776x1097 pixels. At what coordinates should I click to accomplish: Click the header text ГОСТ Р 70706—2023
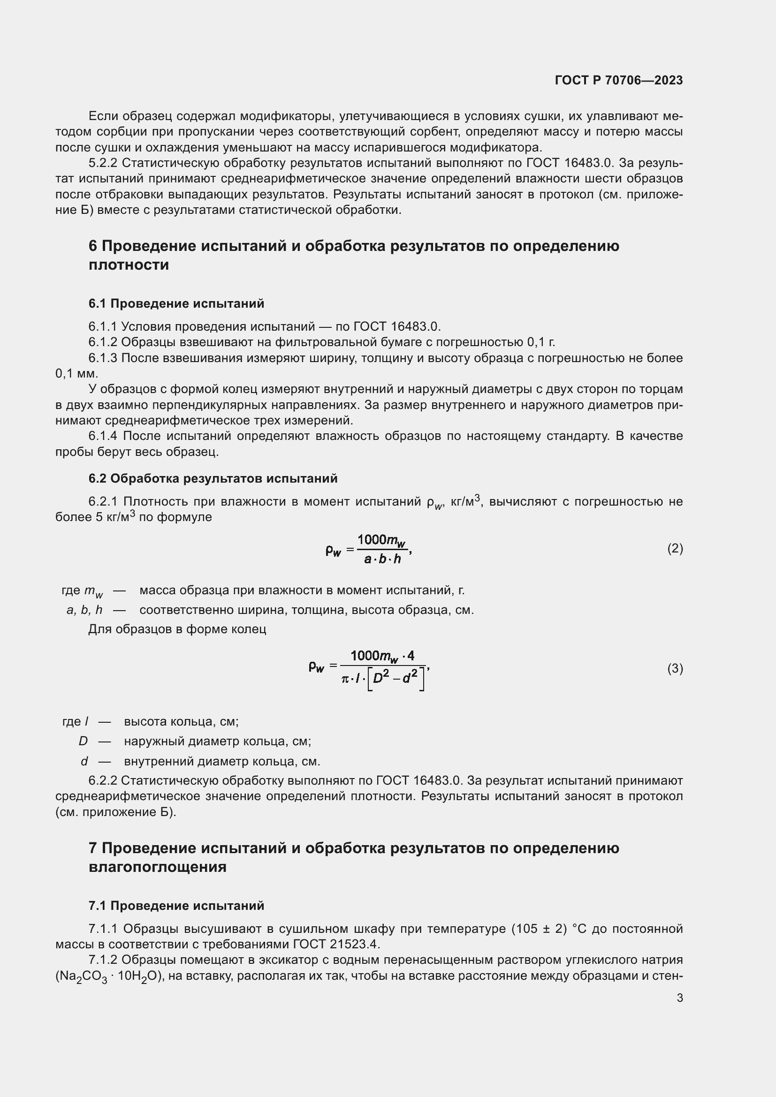coord(618,80)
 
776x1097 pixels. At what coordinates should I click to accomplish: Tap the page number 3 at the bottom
coord(679,998)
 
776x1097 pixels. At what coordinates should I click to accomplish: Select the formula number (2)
coord(675,549)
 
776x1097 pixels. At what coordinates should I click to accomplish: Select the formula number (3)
coord(675,668)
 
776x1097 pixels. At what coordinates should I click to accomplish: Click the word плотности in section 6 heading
coord(129,265)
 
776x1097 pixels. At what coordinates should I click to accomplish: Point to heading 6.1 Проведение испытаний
coord(176,303)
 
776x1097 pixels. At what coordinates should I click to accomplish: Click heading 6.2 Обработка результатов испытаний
coord(213,478)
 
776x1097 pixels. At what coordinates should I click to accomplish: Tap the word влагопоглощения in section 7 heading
coord(157,867)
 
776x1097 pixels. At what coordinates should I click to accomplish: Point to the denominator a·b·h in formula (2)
coord(382,559)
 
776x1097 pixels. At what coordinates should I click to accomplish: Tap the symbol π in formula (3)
coord(345,678)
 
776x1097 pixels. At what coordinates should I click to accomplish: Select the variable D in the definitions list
coord(83,741)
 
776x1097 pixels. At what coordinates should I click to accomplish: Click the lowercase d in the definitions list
coord(84,761)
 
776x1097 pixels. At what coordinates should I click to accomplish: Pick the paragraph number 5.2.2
coord(102,163)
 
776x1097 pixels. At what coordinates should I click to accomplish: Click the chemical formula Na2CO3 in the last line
coord(82,976)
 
